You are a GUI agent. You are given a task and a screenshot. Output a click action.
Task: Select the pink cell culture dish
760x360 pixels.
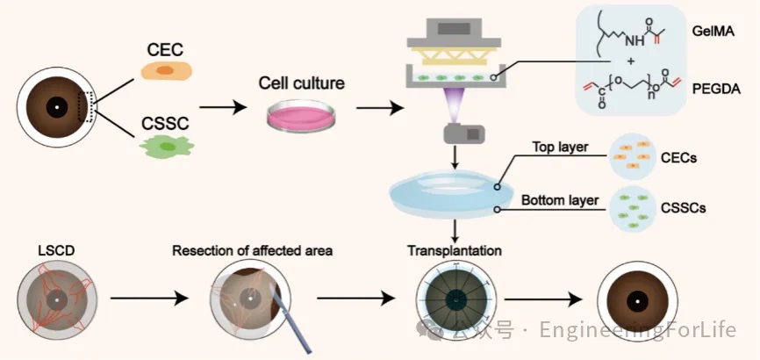[x=301, y=115]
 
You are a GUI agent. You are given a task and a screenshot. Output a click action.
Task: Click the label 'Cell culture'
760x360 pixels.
[x=301, y=85]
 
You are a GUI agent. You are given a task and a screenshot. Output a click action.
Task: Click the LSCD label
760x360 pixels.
[x=57, y=251]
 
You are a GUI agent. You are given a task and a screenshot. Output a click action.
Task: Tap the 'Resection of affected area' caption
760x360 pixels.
[x=251, y=251]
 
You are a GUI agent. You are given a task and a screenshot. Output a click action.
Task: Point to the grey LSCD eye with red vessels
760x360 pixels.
[x=57, y=299]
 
